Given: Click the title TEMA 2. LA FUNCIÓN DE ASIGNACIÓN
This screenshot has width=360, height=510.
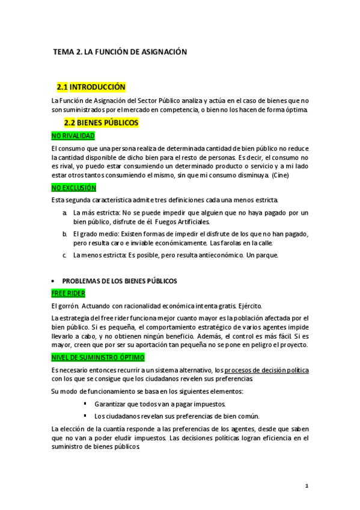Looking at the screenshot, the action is (120, 52).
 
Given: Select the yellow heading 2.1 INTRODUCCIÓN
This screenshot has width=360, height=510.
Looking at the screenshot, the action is (91, 87).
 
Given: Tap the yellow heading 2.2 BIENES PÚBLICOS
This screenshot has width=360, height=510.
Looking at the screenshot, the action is (101, 123).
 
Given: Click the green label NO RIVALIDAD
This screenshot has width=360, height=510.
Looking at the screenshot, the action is (73, 136).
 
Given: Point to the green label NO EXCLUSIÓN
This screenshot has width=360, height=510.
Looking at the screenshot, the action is (73, 188).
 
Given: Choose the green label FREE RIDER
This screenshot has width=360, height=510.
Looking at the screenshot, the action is (69, 293).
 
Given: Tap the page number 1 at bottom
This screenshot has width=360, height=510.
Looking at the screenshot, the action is (306, 485).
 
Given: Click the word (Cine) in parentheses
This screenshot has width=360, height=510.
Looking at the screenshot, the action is (281, 176).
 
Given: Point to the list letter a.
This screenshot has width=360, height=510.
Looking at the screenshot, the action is (64, 213).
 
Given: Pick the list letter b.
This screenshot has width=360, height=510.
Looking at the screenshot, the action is (64, 233).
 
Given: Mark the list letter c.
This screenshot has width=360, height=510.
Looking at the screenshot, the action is (64, 254).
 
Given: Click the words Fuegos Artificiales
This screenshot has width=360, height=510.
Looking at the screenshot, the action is (185, 223).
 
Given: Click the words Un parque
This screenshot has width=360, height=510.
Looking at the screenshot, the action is (262, 254).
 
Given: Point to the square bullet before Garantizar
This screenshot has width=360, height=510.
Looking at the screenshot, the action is (85, 404).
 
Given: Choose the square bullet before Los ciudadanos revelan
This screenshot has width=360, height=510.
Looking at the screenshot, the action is (85, 416).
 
